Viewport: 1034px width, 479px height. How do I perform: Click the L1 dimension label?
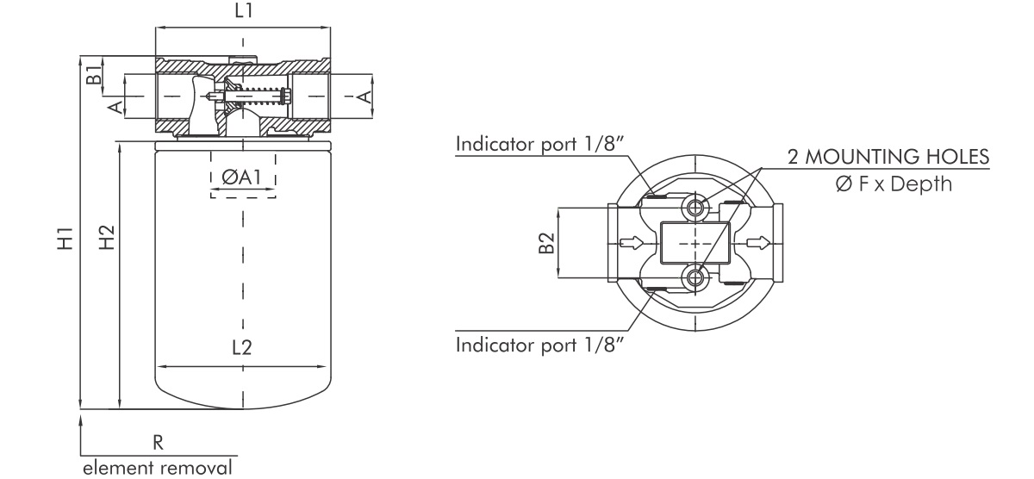pos(244,11)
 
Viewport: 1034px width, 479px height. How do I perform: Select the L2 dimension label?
pos(243,349)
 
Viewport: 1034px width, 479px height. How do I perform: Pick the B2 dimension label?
pos(545,244)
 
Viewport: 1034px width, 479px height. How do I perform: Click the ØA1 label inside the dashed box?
pos(243,177)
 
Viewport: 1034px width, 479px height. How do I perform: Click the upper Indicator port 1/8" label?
pos(539,143)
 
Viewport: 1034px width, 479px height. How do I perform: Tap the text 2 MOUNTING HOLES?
pos(888,157)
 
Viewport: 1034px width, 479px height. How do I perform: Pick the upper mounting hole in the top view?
pos(695,207)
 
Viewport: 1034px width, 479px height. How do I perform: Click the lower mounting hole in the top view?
pos(695,278)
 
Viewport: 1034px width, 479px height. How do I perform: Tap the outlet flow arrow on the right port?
pos(757,243)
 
